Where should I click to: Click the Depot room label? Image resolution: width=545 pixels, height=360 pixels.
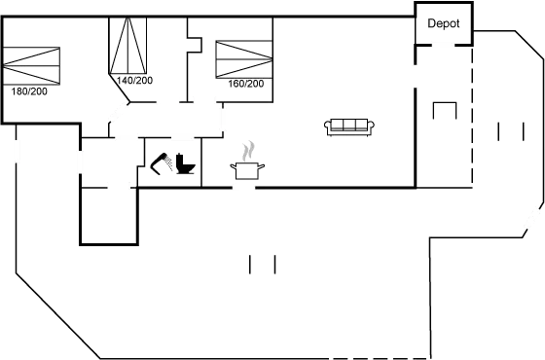click(443, 24)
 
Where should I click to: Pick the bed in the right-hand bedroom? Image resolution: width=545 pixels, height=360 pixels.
click(242, 59)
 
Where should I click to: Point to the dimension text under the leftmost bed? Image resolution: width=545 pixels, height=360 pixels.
click(29, 90)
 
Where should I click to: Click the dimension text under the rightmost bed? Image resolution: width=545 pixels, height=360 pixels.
click(245, 85)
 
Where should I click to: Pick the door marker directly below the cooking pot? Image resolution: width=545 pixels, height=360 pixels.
click(244, 187)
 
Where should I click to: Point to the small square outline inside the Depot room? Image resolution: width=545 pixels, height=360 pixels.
click(444, 109)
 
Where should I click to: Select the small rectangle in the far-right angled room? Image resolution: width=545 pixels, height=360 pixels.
click(503, 131)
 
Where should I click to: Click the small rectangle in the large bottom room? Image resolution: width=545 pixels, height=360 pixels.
click(264, 264)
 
